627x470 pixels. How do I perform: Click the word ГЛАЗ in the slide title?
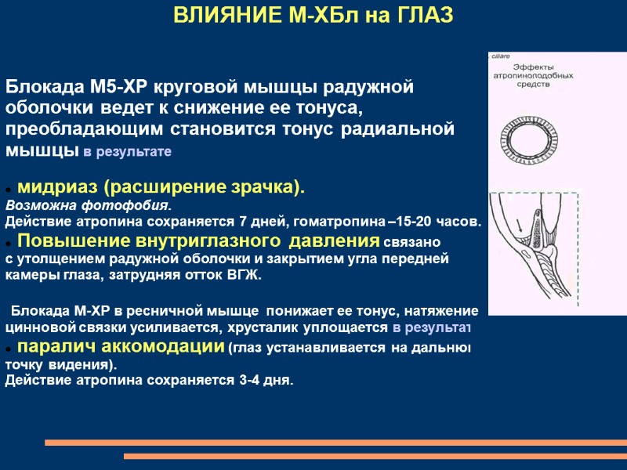(x=423, y=16)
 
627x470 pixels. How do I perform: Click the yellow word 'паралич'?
(x=54, y=346)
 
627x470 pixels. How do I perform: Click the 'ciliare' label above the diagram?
(x=501, y=58)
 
